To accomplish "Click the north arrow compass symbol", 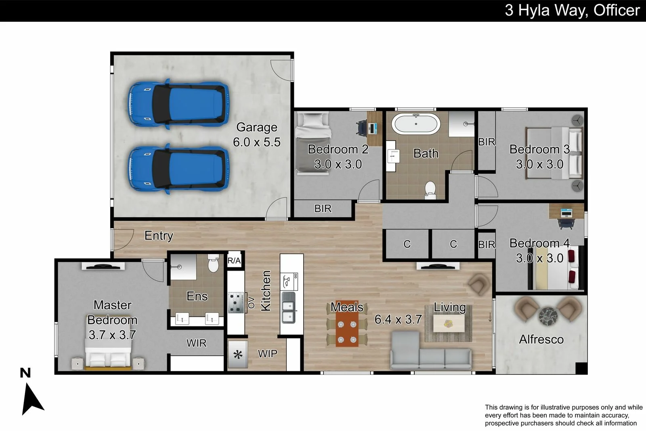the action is [32, 399].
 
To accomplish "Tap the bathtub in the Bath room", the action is [416, 124].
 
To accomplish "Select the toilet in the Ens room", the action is [214, 263].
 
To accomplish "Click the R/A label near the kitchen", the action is [234, 261].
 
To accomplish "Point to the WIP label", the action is [267, 354].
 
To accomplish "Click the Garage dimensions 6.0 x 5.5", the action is [257, 142].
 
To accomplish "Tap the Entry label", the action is [159, 235].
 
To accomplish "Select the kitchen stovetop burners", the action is [236, 303].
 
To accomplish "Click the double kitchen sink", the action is [288, 307].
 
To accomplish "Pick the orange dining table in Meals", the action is [347, 324].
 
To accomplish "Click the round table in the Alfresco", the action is [548, 316].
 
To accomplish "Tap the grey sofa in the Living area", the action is [431, 350].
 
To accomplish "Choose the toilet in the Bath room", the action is [430, 190].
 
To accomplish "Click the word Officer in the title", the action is [617, 11].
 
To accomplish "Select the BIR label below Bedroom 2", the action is [323, 208].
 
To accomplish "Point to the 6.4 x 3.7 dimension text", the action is [398, 320].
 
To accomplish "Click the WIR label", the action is [196, 343].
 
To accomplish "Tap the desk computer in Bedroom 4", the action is [566, 213].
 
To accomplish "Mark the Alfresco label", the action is [541, 340].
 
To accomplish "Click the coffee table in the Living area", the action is [449, 324].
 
